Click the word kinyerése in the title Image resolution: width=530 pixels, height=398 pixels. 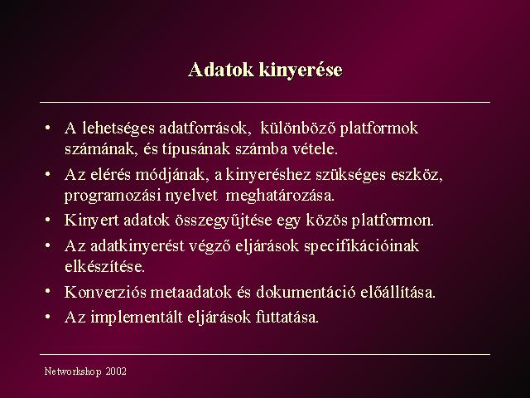pyautogui.click(x=301, y=70)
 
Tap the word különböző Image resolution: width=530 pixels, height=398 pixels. pyautogui.click(x=298, y=129)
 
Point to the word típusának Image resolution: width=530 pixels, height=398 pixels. pyautogui.click(x=196, y=149)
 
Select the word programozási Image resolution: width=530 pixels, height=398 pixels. pyautogui.click(x=113, y=197)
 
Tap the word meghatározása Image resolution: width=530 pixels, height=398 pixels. pyautogui.click(x=280, y=197)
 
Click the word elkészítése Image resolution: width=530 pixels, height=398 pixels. pyautogui.click(x=105, y=267)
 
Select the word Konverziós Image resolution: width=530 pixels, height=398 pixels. pyautogui.click(x=105, y=293)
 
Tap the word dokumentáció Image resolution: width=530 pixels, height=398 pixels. pyautogui.click(x=306, y=293)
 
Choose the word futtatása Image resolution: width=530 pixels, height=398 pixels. pyautogui.click(x=287, y=318)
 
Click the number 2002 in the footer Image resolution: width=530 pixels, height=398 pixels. pyautogui.click(x=116, y=371)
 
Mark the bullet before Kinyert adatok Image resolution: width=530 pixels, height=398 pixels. pyautogui.click(x=48, y=221)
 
